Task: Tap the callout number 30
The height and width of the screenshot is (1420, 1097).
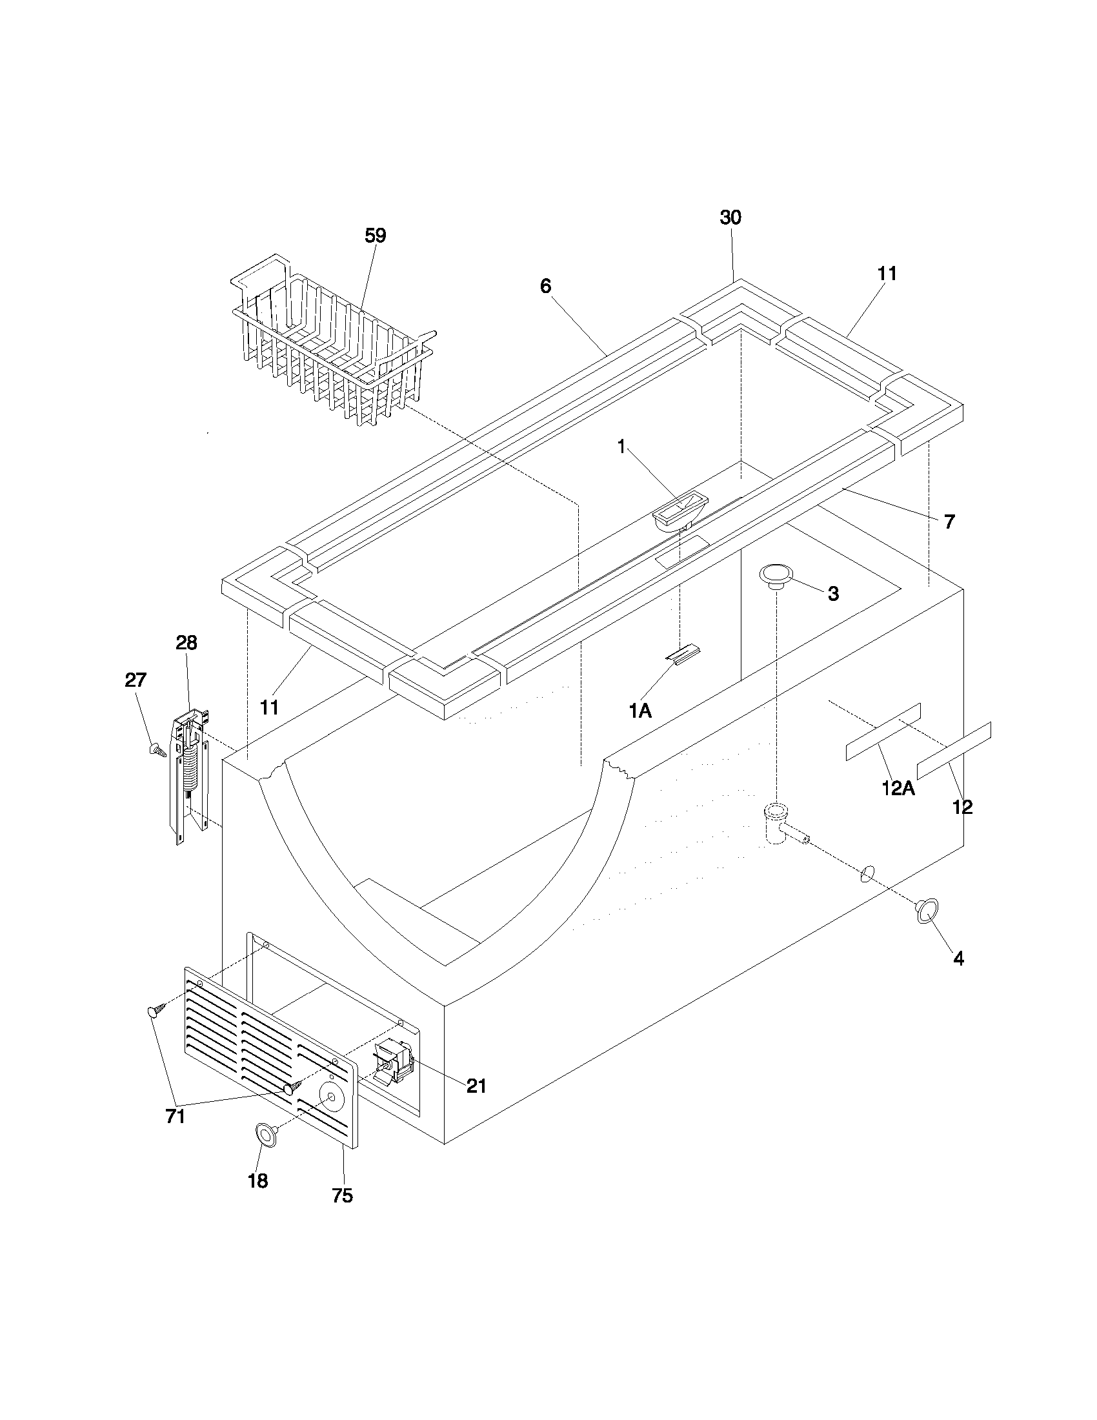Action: point(730,218)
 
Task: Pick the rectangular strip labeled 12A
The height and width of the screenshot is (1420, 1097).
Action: point(883,731)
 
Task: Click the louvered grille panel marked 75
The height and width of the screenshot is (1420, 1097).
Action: point(270,1057)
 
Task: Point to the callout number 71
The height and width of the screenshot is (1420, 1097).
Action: point(176,1117)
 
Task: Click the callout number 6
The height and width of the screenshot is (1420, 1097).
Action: point(546,286)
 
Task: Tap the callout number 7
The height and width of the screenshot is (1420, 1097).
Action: point(949,521)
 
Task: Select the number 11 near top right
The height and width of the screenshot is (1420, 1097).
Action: point(887,274)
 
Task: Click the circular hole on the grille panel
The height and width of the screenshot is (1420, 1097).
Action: point(332,1097)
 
